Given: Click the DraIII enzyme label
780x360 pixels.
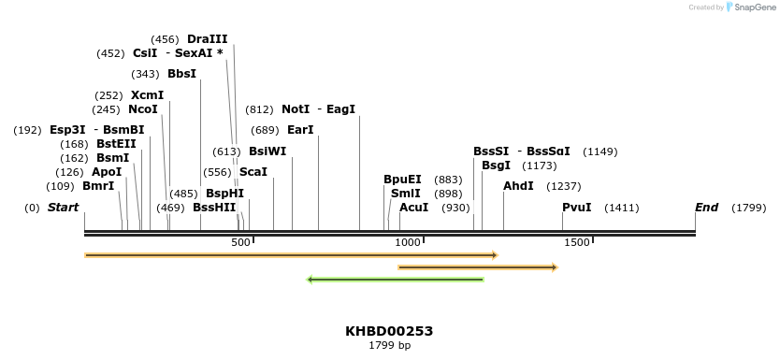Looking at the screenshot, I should click(207, 39).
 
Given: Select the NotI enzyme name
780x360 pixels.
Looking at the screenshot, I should click(296, 109).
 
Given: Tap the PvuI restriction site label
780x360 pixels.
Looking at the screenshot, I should click(576, 207).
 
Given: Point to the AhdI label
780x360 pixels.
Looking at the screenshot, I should click(518, 186).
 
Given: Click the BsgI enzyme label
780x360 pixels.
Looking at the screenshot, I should click(496, 166).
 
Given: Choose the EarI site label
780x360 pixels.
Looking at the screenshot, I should click(300, 130).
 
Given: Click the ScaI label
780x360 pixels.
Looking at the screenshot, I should click(253, 172).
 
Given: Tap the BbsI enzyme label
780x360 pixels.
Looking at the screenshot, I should click(181, 74).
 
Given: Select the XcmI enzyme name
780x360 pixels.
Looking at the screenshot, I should click(147, 95).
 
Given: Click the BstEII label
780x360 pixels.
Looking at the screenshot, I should click(116, 144).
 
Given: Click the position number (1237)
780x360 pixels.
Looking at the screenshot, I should click(563, 186).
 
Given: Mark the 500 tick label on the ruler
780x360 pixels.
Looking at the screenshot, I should click(240, 243).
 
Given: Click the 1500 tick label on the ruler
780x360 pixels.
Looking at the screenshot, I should click(577, 243).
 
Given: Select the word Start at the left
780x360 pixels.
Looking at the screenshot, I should click(63, 207).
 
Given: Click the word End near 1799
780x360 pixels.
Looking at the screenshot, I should click(706, 207).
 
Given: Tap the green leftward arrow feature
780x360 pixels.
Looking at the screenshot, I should click(396, 280).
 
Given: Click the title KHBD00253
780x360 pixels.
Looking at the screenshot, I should click(389, 331).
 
